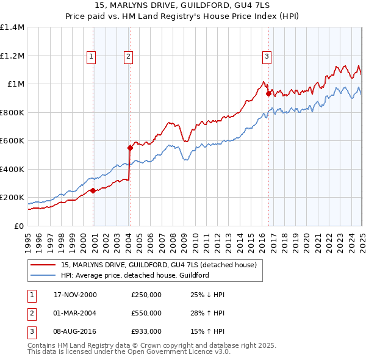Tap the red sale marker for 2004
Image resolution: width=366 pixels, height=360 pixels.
tap(130, 148)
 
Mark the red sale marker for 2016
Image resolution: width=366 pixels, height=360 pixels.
tap(269, 93)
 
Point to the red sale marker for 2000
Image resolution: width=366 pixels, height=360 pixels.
tap(93, 190)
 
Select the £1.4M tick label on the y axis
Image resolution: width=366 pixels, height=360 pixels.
tap(12, 27)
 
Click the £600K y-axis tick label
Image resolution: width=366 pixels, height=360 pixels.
tap(12, 141)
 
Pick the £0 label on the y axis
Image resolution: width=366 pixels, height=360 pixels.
tap(18, 226)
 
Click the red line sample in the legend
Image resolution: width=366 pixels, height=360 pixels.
tap(43, 265)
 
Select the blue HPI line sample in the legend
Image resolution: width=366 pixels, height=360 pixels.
tap(43, 275)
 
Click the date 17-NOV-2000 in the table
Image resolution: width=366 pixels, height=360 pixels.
tap(76, 295)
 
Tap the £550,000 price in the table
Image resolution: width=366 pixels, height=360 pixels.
tap(146, 313)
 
